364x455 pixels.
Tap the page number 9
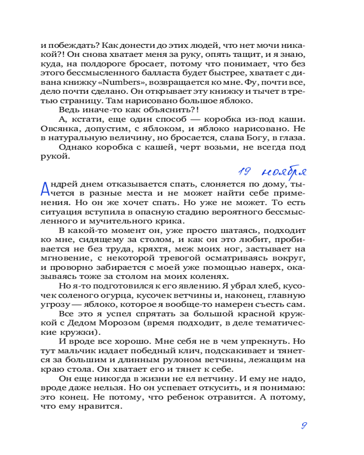coord(304,426)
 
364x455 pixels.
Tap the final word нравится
coord(102,406)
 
